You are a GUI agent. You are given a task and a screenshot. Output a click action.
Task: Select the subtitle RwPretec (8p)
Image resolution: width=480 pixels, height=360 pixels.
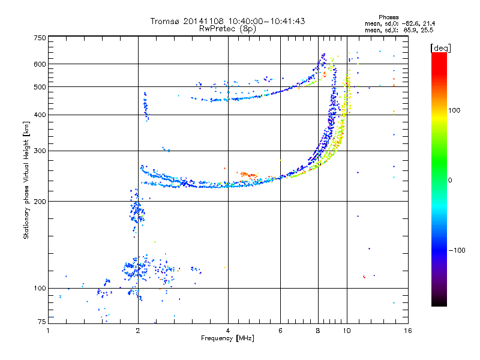(227, 29)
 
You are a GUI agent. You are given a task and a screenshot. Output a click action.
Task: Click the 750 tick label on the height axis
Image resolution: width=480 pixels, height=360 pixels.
(40, 38)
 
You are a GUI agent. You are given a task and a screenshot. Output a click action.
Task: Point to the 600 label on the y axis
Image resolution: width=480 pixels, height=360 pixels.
(40, 64)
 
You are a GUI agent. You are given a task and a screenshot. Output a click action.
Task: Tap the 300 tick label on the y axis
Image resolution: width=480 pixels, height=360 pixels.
(40, 151)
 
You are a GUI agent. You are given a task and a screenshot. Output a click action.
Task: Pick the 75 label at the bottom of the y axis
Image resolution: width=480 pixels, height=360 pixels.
(42, 322)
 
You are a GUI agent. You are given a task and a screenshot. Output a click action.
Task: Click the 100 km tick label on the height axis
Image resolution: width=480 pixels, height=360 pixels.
(40, 288)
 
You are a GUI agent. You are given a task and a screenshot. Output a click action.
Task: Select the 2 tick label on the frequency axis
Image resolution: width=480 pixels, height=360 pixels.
(138, 331)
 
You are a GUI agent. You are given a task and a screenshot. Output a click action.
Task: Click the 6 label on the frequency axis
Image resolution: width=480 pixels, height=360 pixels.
(280, 331)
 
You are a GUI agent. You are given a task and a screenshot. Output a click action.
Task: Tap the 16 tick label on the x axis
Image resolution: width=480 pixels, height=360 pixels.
(408, 331)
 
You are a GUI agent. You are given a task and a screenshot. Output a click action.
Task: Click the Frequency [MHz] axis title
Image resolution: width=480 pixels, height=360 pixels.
(227, 338)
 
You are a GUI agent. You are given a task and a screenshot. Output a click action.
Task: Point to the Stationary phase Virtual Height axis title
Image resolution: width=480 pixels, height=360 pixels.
(26, 181)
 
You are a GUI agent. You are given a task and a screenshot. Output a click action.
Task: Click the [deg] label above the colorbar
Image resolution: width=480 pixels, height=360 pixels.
(440, 48)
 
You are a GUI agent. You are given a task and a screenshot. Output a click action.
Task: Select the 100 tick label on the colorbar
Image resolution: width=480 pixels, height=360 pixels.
(454, 110)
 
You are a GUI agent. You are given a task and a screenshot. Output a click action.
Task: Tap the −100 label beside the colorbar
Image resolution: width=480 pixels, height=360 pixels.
(457, 250)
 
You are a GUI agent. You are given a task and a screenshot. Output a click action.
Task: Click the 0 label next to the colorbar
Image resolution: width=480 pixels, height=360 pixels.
(450, 181)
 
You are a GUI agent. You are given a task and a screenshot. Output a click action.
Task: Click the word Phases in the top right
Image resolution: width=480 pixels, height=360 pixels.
(389, 17)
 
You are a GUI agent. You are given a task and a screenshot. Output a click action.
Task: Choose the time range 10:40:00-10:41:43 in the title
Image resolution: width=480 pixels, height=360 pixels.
(266, 21)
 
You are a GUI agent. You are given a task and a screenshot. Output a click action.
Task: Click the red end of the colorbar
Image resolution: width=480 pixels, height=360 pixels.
(439, 55)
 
